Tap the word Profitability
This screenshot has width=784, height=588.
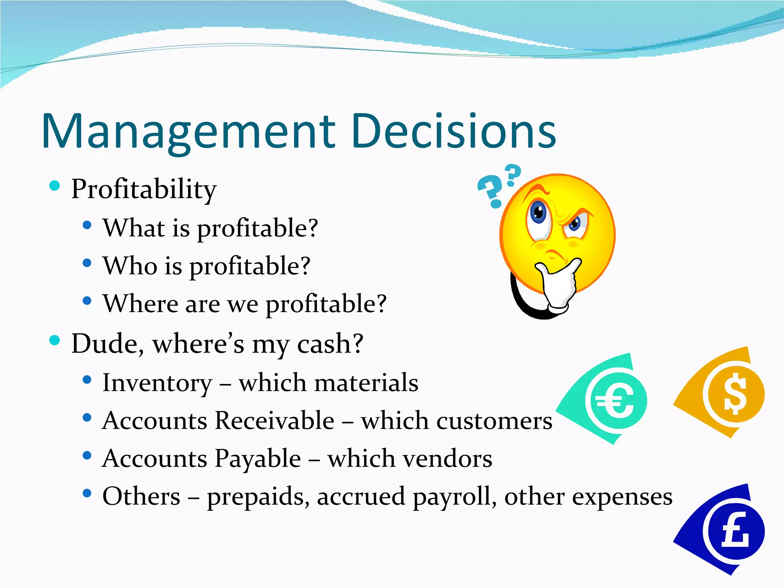point(144,189)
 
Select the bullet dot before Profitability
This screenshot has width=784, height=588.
point(55,186)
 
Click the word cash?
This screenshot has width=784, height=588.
point(330,344)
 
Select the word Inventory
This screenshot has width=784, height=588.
point(157,383)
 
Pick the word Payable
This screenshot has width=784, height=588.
point(258,458)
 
